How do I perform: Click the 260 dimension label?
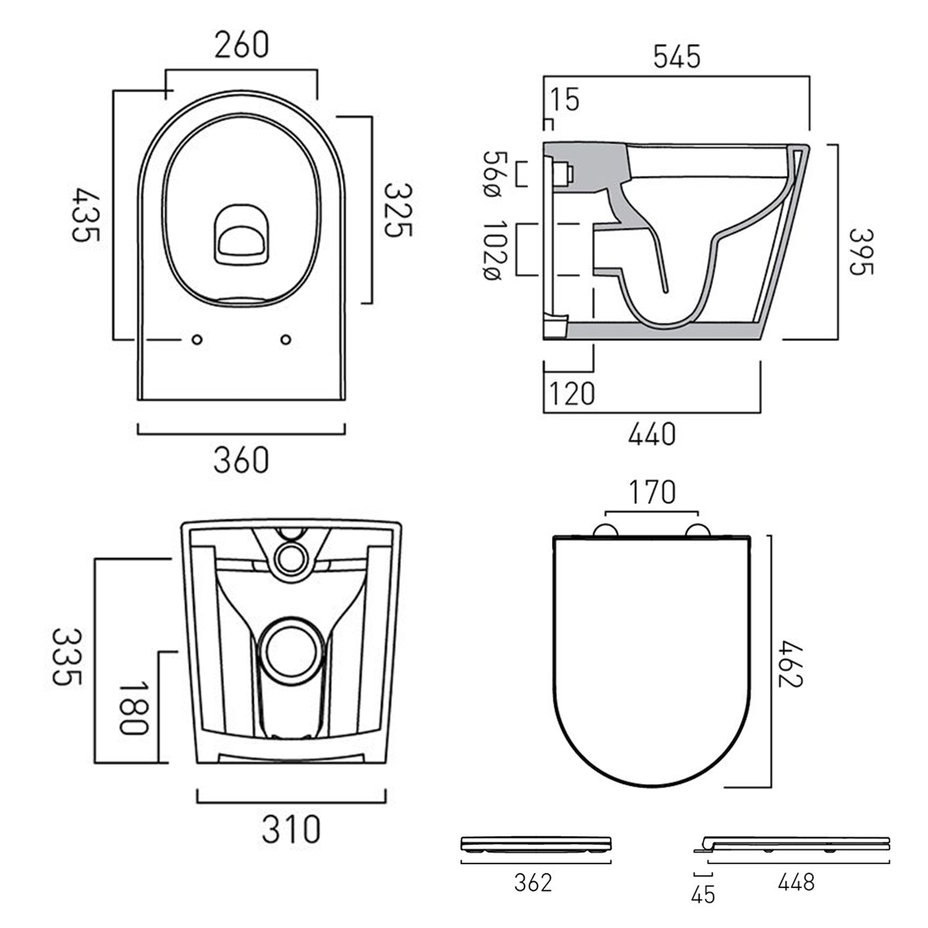241,45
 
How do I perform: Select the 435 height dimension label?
85,215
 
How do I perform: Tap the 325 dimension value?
397,210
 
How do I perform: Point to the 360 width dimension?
241,460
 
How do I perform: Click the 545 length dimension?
677,56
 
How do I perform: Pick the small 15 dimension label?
565,100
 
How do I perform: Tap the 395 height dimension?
860,252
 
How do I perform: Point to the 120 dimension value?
572,393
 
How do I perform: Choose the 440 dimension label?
651,434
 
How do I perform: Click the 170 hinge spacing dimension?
652,493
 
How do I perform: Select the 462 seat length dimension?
790,664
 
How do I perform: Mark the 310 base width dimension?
291,830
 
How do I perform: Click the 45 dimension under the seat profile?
703,894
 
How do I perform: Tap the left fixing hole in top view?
197,340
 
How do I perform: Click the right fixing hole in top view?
286,340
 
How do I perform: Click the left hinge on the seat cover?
604,531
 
